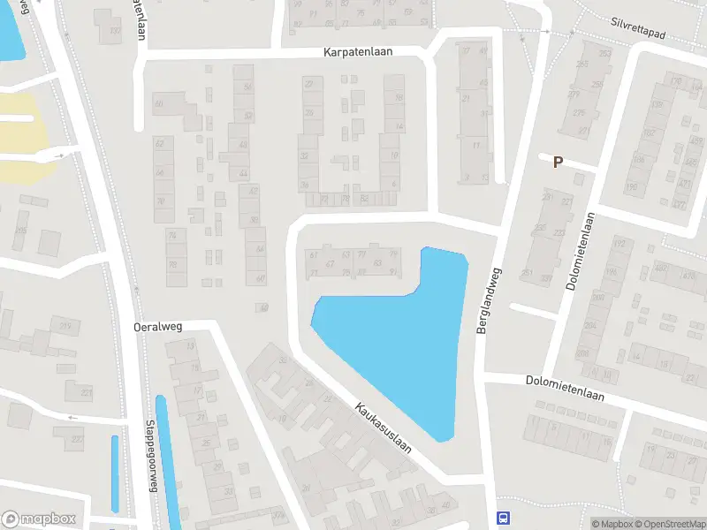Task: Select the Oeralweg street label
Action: coord(157,326)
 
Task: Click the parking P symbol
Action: coord(558,162)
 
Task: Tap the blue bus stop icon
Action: coord(503,519)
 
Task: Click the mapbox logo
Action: coord(39,519)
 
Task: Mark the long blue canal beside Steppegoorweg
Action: coord(166,459)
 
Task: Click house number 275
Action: coord(579,113)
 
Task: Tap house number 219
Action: coord(65,327)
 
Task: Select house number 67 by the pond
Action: coord(329,263)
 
